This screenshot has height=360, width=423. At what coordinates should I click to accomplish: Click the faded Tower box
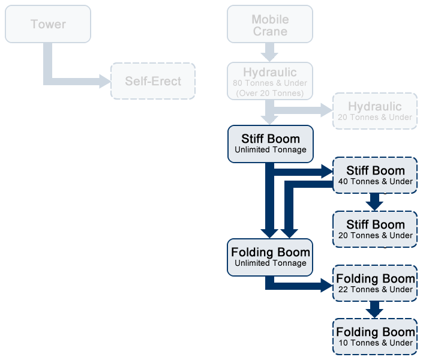[x=48, y=24]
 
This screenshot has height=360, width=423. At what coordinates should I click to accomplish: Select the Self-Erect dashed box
[x=153, y=81]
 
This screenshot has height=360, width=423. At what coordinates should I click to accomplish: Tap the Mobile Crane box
[x=270, y=25]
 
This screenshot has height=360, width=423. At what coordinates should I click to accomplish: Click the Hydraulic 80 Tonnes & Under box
[x=270, y=80]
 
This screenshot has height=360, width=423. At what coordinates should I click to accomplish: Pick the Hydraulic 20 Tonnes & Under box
[x=375, y=111]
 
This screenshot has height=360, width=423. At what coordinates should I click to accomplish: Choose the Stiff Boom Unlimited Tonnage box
[x=270, y=143]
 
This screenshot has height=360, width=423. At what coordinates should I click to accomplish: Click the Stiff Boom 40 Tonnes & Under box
[x=375, y=175]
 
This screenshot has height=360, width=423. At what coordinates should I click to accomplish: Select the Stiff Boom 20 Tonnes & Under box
[x=375, y=229]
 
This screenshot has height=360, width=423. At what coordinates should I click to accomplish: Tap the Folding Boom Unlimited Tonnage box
[x=270, y=257]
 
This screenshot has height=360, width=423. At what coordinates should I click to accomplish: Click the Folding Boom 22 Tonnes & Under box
[x=375, y=283]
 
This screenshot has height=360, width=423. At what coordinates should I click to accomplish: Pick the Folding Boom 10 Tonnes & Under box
[x=375, y=336]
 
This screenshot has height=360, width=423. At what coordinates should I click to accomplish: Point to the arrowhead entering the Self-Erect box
[x=105, y=81]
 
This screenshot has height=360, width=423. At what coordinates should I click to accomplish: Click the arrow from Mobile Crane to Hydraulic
[x=270, y=52]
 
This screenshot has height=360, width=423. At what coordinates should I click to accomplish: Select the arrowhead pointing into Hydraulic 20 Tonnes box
[x=327, y=110]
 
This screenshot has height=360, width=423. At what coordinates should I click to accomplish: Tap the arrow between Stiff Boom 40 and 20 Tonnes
[x=375, y=202]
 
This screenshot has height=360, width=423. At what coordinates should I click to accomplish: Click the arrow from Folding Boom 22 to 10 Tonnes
[x=375, y=310]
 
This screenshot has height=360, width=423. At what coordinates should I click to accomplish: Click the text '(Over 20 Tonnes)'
[x=270, y=93]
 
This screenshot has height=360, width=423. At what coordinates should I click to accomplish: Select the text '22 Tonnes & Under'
[x=375, y=290]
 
